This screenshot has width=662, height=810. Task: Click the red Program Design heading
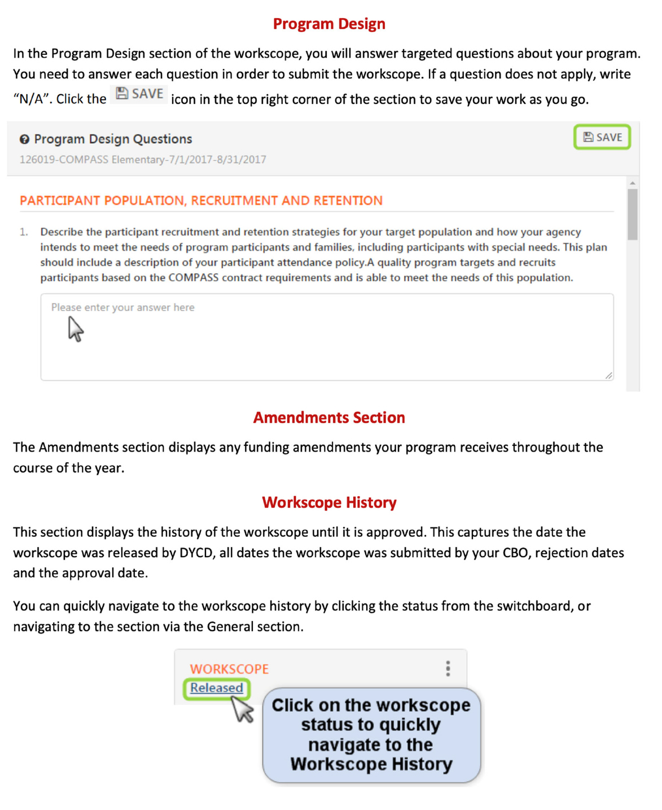pyautogui.click(x=329, y=24)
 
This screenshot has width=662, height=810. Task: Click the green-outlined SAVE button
pyautogui.click(x=602, y=137)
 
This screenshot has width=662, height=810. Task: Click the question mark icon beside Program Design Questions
pyautogui.click(x=24, y=139)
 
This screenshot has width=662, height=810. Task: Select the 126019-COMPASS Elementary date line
pyautogui.click(x=143, y=160)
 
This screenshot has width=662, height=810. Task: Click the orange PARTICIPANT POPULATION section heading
pyautogui.click(x=201, y=200)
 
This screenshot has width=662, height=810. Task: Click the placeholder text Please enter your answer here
pyautogui.click(x=122, y=308)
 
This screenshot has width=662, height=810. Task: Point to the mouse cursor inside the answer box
pyautogui.click(x=75, y=329)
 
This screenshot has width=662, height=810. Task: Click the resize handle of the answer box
pyautogui.click(x=608, y=375)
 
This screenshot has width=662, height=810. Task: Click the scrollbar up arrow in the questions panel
pyautogui.click(x=633, y=183)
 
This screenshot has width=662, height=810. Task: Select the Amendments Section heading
pyautogui.click(x=329, y=418)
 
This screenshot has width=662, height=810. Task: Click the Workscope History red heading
pyautogui.click(x=329, y=502)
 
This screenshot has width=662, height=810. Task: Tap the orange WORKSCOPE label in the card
pyautogui.click(x=229, y=669)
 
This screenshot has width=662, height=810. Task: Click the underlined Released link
pyautogui.click(x=216, y=688)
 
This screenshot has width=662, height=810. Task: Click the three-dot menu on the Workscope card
pyautogui.click(x=448, y=669)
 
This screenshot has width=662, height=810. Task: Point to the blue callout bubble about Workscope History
pyautogui.click(x=371, y=735)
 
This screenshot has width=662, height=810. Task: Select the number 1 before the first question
pyautogui.click(x=23, y=232)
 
